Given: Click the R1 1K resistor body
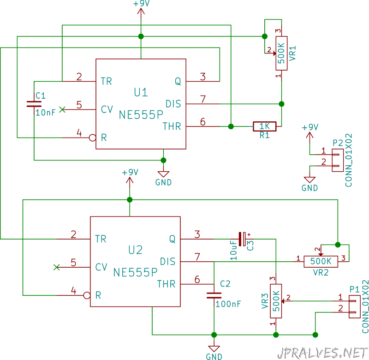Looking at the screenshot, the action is (264, 126).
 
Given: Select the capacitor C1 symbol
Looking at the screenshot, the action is (34, 104).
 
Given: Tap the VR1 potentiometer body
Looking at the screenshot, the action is (281, 53).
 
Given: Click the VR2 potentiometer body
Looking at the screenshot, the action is (321, 262).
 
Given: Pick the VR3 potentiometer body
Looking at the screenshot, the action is (276, 301).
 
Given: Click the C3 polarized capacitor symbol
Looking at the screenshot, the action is (242, 239).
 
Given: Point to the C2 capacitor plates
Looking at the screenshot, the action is (214, 295).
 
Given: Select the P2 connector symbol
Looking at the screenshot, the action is (338, 160).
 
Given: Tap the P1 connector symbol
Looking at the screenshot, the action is (354, 307).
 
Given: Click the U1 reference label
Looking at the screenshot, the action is (141, 92).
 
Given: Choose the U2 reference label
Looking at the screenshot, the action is (135, 250).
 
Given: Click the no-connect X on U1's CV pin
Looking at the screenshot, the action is (62, 109).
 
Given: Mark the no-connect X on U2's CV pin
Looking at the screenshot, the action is (56, 267).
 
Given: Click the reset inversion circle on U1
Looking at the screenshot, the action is (93, 138).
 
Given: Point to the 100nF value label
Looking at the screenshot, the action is (228, 304).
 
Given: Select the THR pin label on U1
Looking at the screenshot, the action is (172, 126).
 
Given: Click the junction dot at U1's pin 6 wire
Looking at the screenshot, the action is (231, 126).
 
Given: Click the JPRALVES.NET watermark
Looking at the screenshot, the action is (323, 353).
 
